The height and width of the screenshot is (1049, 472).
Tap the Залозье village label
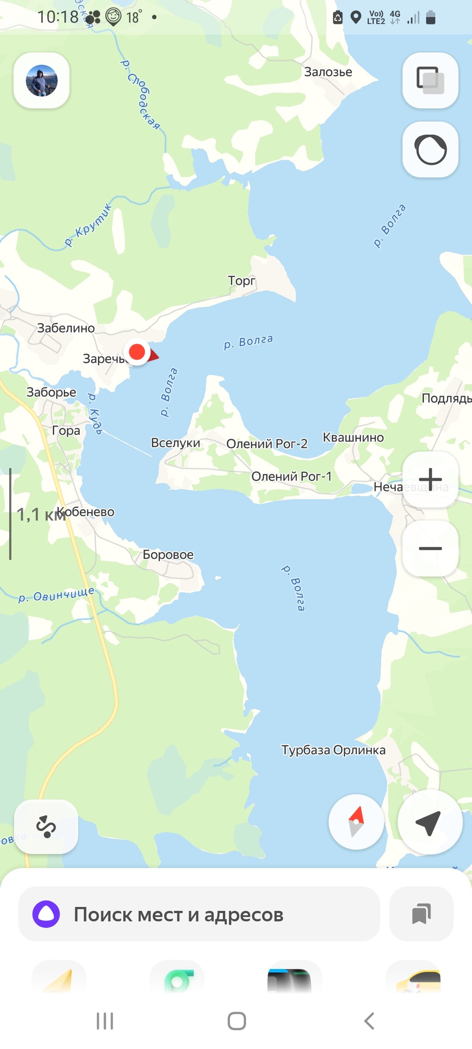[328, 72]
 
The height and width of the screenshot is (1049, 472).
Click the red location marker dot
[137, 351]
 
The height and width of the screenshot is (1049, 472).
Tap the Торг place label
[241, 281]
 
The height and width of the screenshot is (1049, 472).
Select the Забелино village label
[66, 328]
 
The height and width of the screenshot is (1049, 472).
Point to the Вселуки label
[175, 443]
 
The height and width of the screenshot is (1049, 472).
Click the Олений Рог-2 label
[267, 444]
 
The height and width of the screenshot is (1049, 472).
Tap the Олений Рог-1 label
[291, 476]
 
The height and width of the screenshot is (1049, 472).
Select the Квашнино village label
[353, 437]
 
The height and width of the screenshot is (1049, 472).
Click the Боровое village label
[168, 555]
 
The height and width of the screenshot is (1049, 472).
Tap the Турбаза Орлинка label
[333, 750]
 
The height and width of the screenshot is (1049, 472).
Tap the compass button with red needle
[356, 822]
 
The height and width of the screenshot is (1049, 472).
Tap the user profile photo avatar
[42, 80]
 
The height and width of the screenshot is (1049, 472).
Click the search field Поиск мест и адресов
[199, 914]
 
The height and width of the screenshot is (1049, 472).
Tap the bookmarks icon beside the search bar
[421, 914]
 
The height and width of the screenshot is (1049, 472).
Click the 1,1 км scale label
[41, 514]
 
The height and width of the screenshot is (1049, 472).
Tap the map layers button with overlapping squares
[430, 80]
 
